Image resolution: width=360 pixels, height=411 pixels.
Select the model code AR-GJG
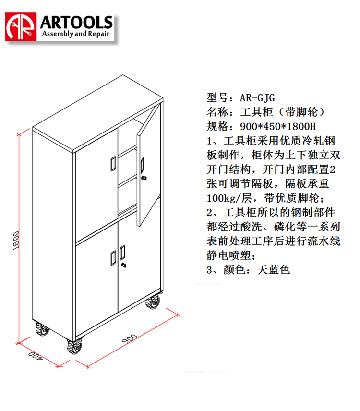coord(257,98)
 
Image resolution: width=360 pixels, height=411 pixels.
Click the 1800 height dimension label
coord(16,241)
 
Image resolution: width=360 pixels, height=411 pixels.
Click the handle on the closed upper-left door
coord(113,163)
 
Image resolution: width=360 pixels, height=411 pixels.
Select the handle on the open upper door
coord(142,165)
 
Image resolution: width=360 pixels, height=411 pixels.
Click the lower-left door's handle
coord(114,255)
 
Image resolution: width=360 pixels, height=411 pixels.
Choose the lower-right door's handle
coord(123,253)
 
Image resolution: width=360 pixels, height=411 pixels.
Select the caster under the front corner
coord(75,347)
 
